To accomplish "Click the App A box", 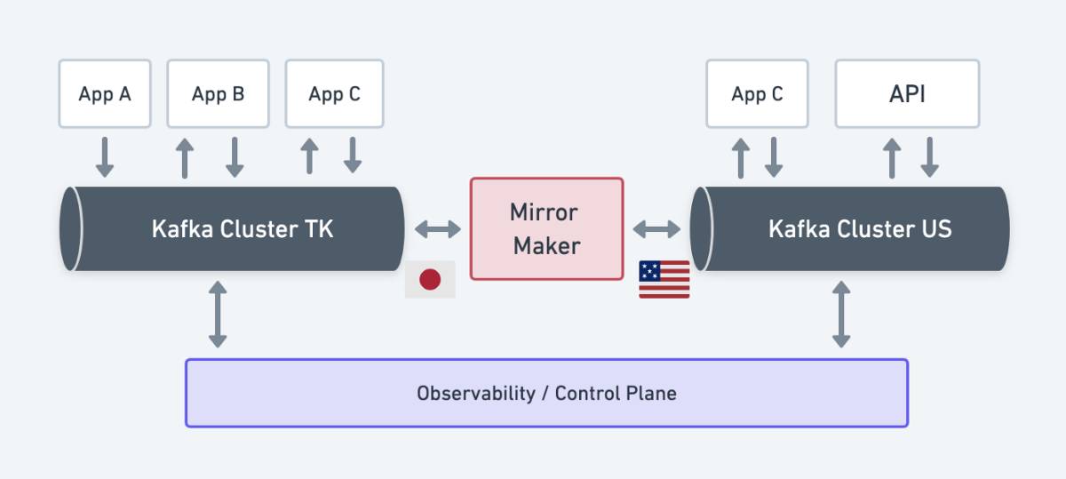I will coord(105,93).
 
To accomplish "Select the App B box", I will coord(218,93).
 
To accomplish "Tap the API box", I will coord(907,93).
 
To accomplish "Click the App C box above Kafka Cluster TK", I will coord(334,93).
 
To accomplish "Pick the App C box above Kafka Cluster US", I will coord(757,93).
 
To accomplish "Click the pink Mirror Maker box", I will coord(546,228).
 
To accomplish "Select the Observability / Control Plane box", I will coord(546,393).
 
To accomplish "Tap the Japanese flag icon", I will coord(430,279).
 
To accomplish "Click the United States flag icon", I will coord(664,279).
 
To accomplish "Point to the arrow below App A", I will coord(105,156).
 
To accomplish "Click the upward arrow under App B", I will coord(184,156).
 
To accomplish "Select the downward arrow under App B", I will coord(235,156).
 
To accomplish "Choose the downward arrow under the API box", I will coord(929,156).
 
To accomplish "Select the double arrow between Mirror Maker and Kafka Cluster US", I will coord(656,229).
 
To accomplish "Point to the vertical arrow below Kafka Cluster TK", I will coord(218,314).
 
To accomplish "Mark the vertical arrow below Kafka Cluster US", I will coord(841,314).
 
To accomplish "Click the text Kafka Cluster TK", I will coord(243,228).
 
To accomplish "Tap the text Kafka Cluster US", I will coord(859,228).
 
